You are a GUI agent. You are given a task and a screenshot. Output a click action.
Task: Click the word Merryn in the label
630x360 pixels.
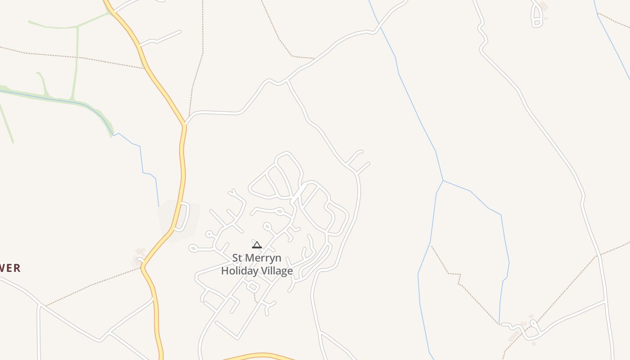[x=264, y=258]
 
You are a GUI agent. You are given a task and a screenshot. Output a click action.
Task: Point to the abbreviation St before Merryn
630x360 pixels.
[x=238, y=258]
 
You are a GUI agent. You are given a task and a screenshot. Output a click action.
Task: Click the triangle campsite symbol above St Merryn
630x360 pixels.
[x=256, y=245]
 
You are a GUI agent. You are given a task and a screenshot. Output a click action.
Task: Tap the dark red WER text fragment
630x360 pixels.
[x=10, y=269]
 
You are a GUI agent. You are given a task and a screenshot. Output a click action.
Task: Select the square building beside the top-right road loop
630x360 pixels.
[x=544, y=7]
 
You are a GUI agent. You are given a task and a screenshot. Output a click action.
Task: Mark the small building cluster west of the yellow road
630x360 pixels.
[x=139, y=255]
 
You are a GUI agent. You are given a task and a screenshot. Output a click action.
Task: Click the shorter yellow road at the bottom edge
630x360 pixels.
[x=259, y=356]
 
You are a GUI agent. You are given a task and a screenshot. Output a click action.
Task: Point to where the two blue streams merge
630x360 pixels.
[x=443, y=181]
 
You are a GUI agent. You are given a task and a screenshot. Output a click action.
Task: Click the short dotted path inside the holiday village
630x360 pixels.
[x=255, y=297]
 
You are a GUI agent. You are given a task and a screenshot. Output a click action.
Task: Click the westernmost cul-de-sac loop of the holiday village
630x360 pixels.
[x=193, y=248]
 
